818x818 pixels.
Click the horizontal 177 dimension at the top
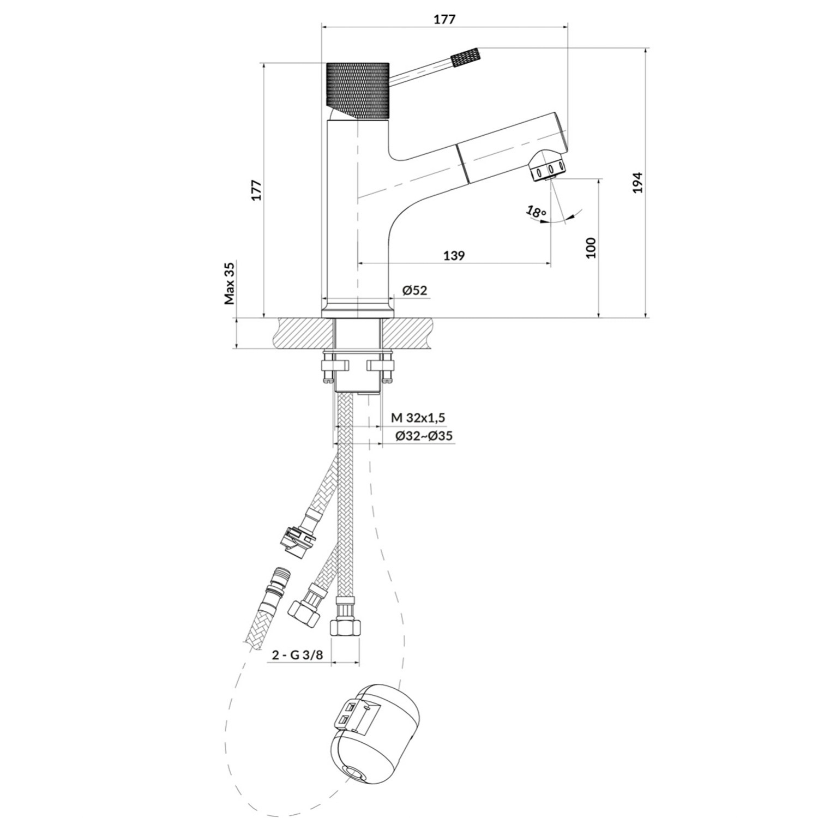click(444, 19)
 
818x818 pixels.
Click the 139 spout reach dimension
click(454, 255)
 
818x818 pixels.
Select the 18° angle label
click(537, 212)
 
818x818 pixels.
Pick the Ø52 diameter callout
click(414, 291)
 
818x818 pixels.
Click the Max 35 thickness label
click(230, 283)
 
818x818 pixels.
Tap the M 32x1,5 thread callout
click(418, 418)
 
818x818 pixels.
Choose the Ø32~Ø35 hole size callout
click(423, 436)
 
